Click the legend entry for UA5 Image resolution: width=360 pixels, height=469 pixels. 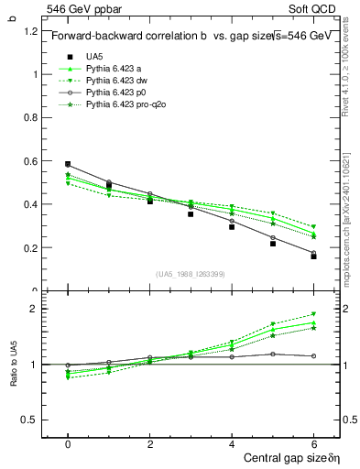[x=93, y=56]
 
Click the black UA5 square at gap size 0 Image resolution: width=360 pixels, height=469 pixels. [x=68, y=164]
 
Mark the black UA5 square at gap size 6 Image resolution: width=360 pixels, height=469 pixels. [x=313, y=256]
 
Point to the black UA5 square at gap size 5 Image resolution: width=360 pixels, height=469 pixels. [x=273, y=244]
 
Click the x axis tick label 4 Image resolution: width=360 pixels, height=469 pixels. [x=232, y=443]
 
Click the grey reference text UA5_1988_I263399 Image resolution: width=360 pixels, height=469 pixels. [x=191, y=274]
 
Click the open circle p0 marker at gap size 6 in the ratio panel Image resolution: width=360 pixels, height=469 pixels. [x=313, y=355]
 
